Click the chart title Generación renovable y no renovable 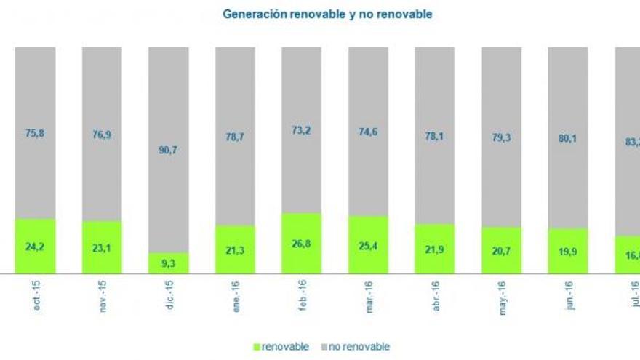pos(327,14)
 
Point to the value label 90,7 pos(169,150)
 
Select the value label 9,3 pos(169,264)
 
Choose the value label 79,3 pos(501,136)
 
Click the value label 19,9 pos(567,252)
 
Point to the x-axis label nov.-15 pos(103,297)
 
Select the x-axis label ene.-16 pos(236,297)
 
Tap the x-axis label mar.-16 pos(369,297)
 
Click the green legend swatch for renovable pos(257,347)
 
